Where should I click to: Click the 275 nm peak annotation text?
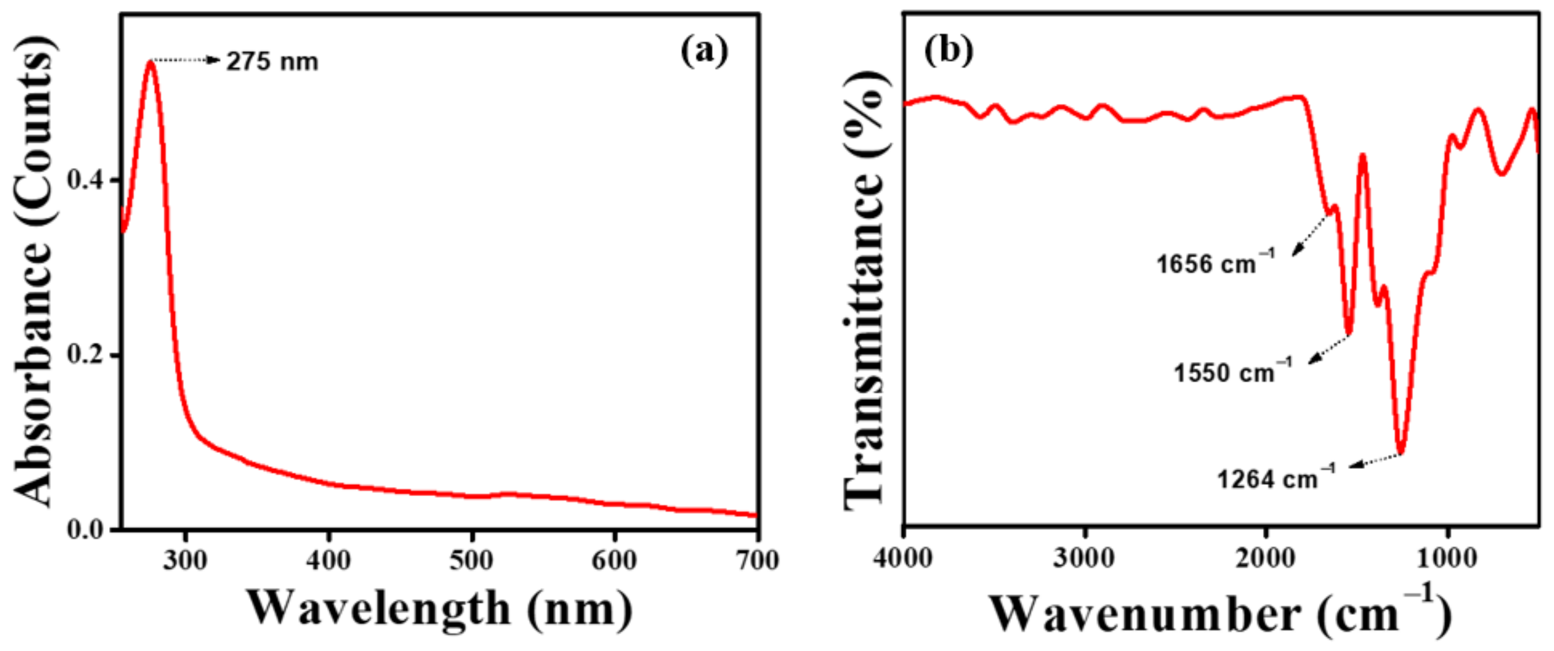(x=272, y=62)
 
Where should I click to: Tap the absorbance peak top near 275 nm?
(x=150, y=62)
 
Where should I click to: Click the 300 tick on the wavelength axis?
(x=185, y=561)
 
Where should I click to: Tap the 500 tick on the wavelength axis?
(x=471, y=561)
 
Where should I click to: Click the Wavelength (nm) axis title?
(x=439, y=609)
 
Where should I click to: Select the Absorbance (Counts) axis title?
(x=35, y=272)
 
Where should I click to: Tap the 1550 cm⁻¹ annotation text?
(x=1232, y=372)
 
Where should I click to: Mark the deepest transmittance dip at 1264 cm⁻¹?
(x=1401, y=453)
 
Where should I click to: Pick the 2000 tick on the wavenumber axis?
(x=1265, y=558)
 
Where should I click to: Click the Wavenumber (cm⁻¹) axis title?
(x=1219, y=613)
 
